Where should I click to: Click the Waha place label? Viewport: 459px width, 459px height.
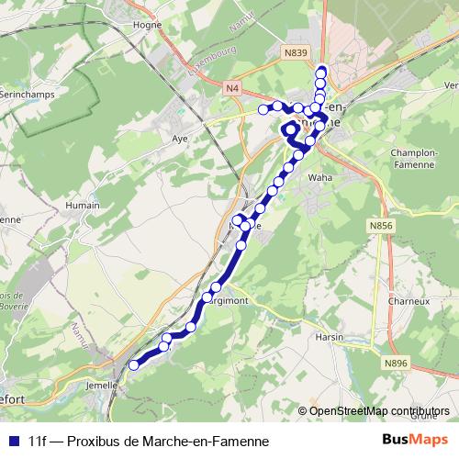coord(319,177)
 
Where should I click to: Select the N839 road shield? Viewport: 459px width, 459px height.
coord(295,54)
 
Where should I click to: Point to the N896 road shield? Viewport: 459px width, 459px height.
coord(396,364)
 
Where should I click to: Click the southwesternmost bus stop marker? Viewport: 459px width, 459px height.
coord(133,365)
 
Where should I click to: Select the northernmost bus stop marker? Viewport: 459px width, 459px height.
coord(321,72)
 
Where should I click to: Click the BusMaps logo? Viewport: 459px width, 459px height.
coord(414,441)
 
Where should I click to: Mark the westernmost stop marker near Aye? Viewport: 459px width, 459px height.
coord(263,110)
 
